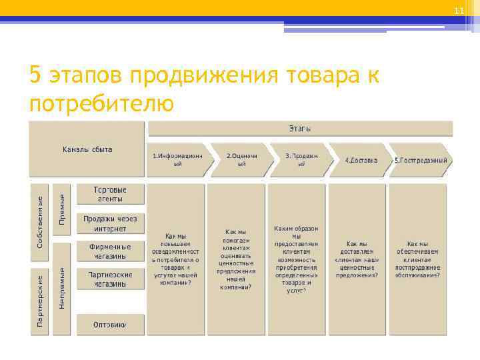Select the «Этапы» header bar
[300, 128]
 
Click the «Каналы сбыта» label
[87, 149]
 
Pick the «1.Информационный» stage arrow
[178, 159]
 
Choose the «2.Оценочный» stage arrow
[241, 159]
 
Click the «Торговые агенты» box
[110, 194]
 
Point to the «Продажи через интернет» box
[110, 223]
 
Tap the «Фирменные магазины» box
[110, 251]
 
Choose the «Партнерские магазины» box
[110, 279]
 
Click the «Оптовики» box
[110, 325]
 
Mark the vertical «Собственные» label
[40, 223]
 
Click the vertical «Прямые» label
[62, 209]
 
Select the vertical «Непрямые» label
[62, 288]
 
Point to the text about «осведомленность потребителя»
[176, 259]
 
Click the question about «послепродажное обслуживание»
[418, 259]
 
